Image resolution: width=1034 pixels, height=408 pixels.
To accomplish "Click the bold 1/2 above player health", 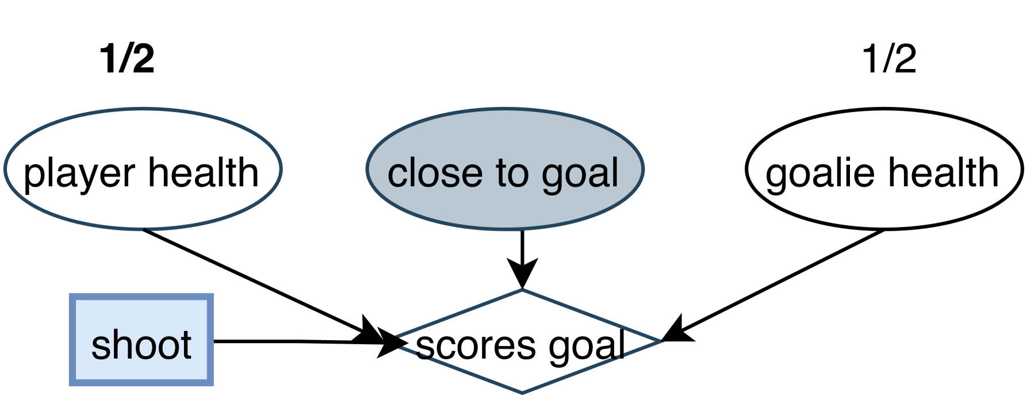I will coord(127,59).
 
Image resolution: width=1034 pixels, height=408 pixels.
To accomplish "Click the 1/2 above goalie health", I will coord(889,59).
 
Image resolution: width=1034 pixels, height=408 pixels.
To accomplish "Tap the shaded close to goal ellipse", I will coord(504,201).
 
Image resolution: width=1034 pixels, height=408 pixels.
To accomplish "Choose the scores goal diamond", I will coord(522,368).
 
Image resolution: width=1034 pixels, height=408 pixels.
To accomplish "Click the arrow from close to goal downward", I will coord(522,247).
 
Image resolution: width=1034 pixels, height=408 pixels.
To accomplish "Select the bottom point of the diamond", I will coord(522,392).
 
